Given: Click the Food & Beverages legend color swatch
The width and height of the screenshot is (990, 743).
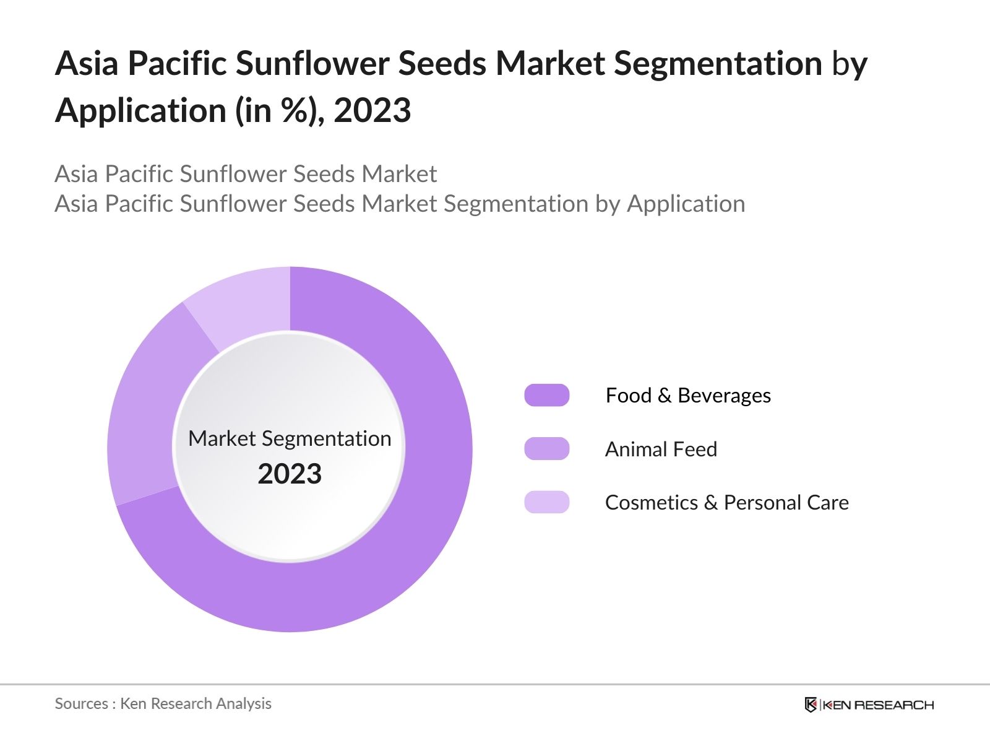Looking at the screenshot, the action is (546, 395).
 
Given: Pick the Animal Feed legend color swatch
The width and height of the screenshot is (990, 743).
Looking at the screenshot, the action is (546, 449).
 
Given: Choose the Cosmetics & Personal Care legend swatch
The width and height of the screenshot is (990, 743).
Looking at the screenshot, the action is (546, 502).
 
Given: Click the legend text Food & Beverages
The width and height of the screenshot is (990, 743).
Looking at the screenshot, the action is (688, 396).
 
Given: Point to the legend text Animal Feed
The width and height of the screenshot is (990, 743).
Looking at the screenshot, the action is (661, 450).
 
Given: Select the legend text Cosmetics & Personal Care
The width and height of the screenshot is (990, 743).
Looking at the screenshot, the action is (727, 503).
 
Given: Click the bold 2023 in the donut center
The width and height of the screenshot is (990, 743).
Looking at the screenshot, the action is (290, 474).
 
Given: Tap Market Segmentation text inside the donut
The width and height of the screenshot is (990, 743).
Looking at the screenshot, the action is (290, 438).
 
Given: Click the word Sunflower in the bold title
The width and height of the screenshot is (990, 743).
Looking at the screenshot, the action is (312, 63).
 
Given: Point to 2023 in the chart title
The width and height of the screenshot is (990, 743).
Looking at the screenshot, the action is (372, 110).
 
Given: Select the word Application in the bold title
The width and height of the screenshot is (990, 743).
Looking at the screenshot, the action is (140, 111).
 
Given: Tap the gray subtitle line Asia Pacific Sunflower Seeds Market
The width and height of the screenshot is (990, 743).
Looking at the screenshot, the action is (246, 174).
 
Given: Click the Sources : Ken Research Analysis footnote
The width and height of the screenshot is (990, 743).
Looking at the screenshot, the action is (163, 704).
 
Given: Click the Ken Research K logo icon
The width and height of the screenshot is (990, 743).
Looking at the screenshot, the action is (811, 705).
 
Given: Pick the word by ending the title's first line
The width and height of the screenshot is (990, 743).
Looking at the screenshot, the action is (850, 66).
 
